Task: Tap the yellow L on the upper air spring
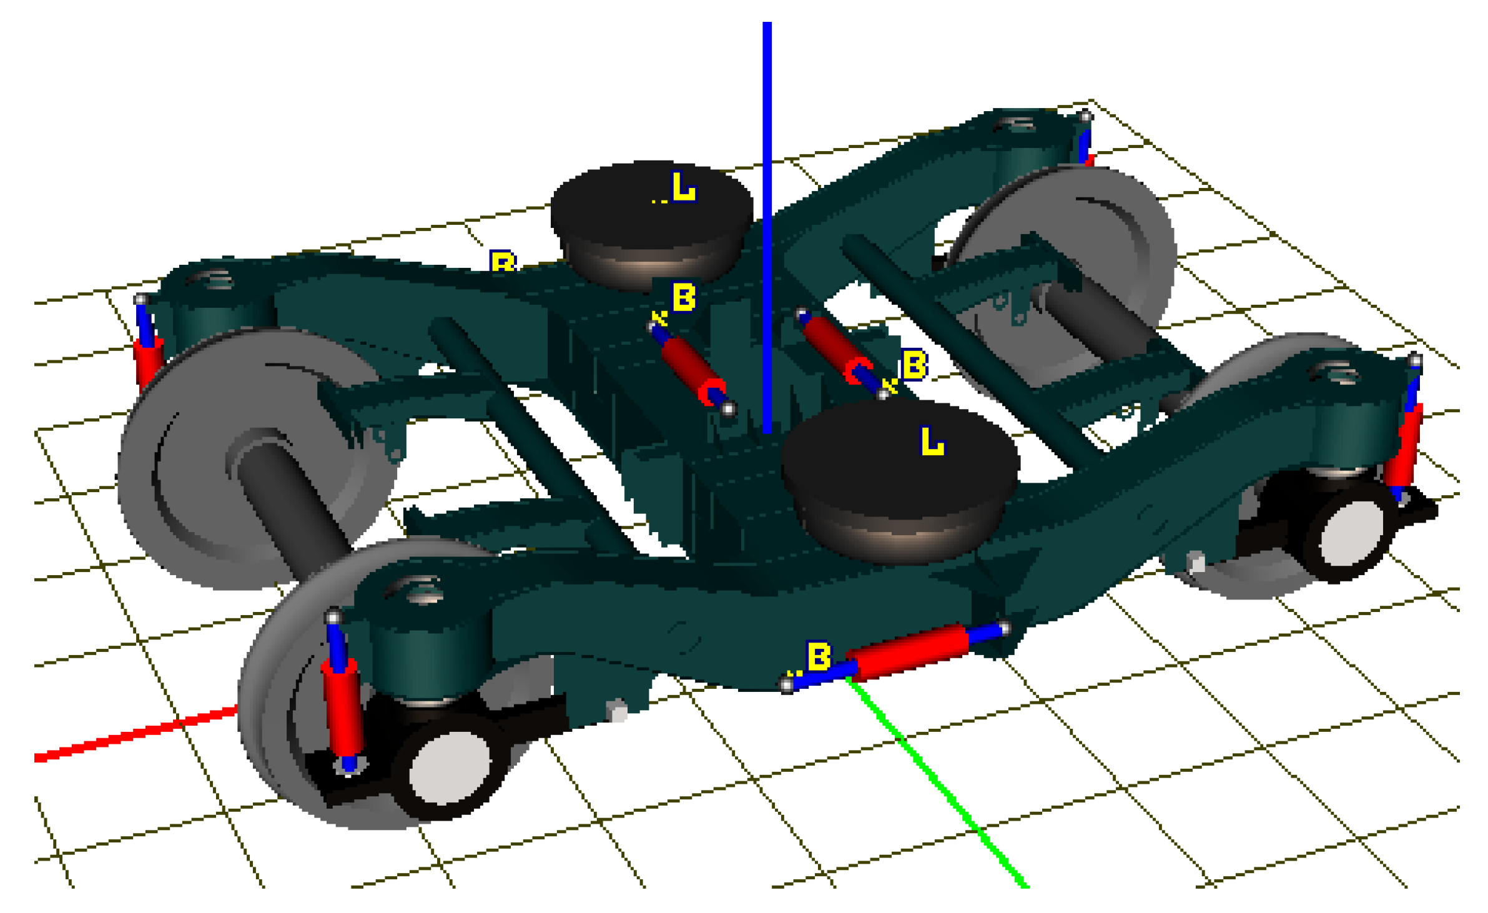coord(683,187)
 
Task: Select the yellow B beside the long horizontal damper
coord(819,656)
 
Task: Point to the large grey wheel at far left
coord(206,475)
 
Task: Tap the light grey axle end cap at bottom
coord(450,768)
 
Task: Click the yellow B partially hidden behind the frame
coord(503,260)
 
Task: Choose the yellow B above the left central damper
coord(684,297)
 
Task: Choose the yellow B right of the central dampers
coord(914,365)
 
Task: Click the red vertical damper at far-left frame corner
coord(147,362)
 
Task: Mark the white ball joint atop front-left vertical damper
coord(333,617)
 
